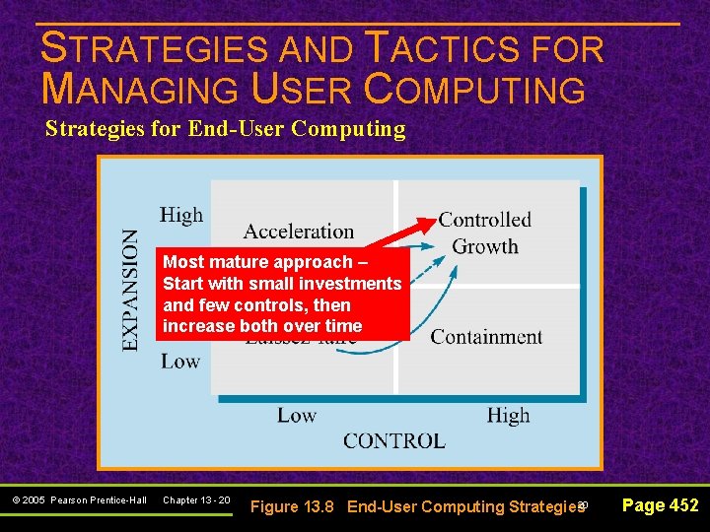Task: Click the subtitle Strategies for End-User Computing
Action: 225,129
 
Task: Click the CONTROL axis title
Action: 393,440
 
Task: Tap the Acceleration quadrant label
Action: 298,232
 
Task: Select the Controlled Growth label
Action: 485,233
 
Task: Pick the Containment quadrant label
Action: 486,337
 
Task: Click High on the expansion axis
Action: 181,215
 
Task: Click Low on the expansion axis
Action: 180,361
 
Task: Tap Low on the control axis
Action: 296,416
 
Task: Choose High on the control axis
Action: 508,416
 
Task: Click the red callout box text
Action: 282,294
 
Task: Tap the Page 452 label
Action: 660,505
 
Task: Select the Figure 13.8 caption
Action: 417,507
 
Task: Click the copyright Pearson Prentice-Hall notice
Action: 80,500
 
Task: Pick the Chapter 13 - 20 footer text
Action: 196,500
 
